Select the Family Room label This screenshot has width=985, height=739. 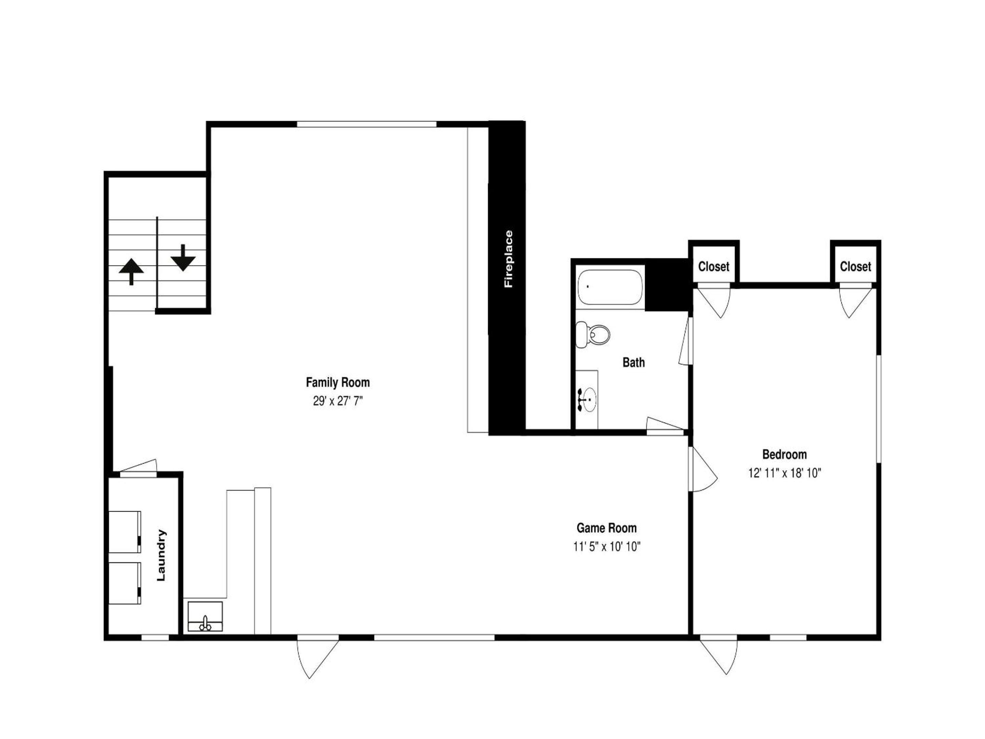coord(338,382)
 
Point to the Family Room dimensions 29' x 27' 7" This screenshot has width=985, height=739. coord(338,401)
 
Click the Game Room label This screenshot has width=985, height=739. coord(606,528)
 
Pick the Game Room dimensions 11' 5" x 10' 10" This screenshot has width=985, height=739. coord(606,547)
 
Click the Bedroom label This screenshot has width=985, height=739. coord(785,454)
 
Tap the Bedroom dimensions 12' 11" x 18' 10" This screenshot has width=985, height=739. coord(785,473)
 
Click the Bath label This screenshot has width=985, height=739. coord(633,362)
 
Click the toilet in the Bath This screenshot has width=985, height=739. coord(592,334)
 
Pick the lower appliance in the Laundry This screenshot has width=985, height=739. coord(125,583)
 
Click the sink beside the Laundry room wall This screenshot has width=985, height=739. coord(205,617)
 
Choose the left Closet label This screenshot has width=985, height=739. coord(714,267)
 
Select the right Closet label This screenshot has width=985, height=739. coord(855,267)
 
